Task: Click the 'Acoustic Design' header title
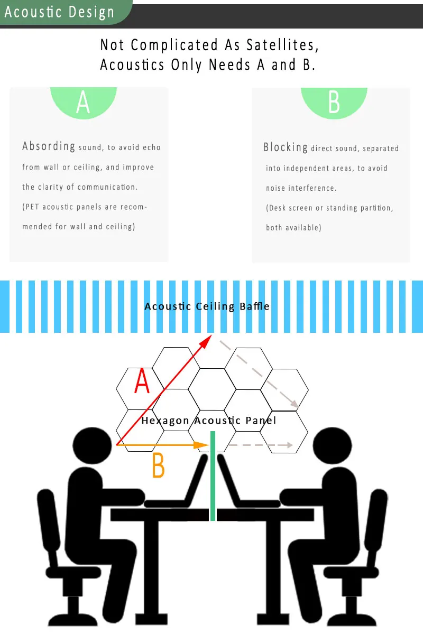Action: pos(59,12)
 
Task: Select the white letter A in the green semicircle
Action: pos(83,102)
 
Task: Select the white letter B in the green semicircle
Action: pos(334,102)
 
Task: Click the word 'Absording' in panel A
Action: pos(49,146)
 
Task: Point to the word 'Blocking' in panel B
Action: pos(286,147)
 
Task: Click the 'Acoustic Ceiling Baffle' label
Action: pos(207,306)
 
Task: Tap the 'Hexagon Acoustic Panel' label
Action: pos(208,421)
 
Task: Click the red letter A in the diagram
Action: pos(142,382)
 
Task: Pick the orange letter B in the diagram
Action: pos(158,465)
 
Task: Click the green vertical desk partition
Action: pos(213,475)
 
